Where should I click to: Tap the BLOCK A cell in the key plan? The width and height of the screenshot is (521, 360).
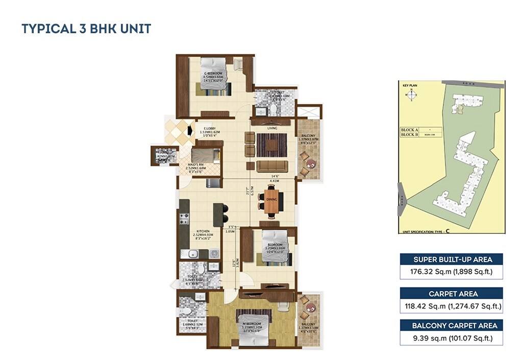coord(409,130)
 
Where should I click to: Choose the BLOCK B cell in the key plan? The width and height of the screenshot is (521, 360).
coord(409,135)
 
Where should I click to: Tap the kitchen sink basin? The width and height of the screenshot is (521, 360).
coord(193,254)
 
